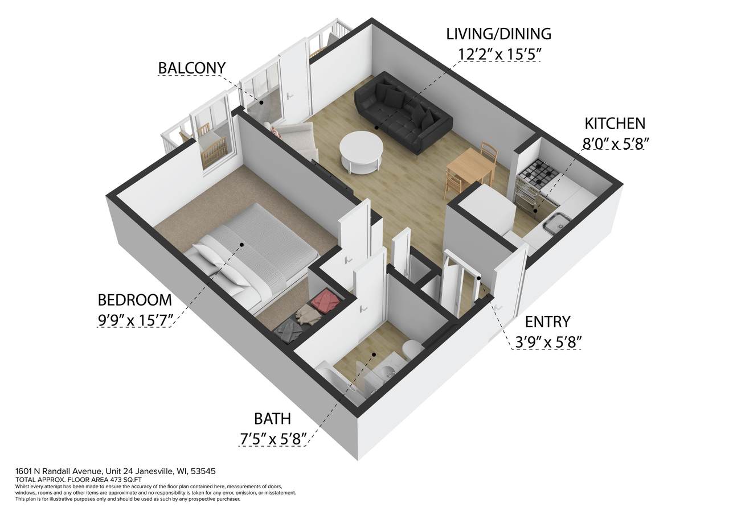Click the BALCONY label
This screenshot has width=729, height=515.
click(x=191, y=68)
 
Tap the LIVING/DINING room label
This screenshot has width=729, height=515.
click(x=498, y=34)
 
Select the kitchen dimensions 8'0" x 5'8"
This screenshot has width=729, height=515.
click(x=615, y=144)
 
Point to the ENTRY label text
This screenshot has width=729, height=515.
click(x=547, y=322)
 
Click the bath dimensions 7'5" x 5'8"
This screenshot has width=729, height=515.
click(x=273, y=439)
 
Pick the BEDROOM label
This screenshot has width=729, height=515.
click(x=134, y=300)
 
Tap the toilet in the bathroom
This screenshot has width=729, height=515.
click(x=411, y=348)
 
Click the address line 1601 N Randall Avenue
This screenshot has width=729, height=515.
click(x=115, y=472)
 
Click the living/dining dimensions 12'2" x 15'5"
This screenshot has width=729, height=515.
click(x=498, y=54)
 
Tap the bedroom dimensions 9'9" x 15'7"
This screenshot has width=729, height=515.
click(x=134, y=320)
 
